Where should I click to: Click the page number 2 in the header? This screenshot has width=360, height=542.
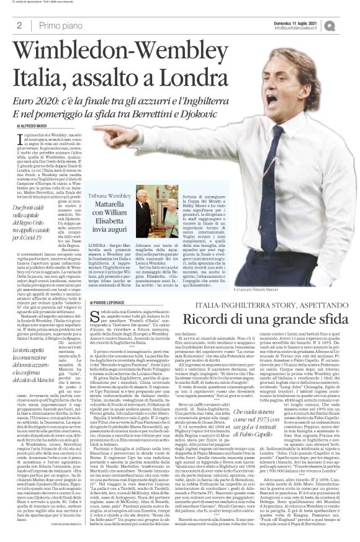pos(12,24)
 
